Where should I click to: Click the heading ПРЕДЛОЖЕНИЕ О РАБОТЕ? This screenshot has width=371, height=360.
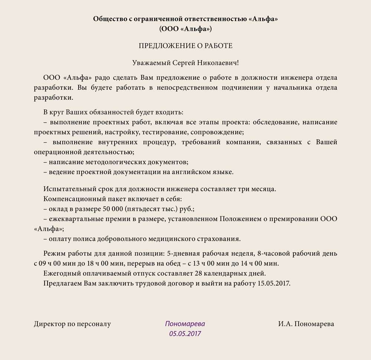coord(185,46)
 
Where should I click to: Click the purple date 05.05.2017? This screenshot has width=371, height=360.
coord(185,333)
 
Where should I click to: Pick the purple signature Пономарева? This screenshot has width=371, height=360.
coord(185,324)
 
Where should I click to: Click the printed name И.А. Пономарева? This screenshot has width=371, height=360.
coord(306,324)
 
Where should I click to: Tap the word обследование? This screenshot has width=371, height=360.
coord(276,122)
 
